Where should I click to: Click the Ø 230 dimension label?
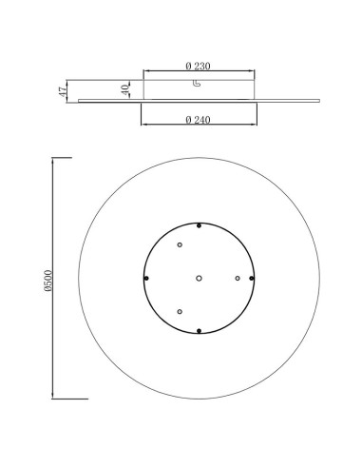198,66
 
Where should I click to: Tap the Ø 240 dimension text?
198,120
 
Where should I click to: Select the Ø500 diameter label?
48,281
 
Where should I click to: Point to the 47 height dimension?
63,91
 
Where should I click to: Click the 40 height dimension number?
125,89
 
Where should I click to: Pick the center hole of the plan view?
199,279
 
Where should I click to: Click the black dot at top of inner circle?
199,225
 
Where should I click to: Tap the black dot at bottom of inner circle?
199,331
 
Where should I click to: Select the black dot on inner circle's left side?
146,279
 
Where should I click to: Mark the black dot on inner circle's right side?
252,279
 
